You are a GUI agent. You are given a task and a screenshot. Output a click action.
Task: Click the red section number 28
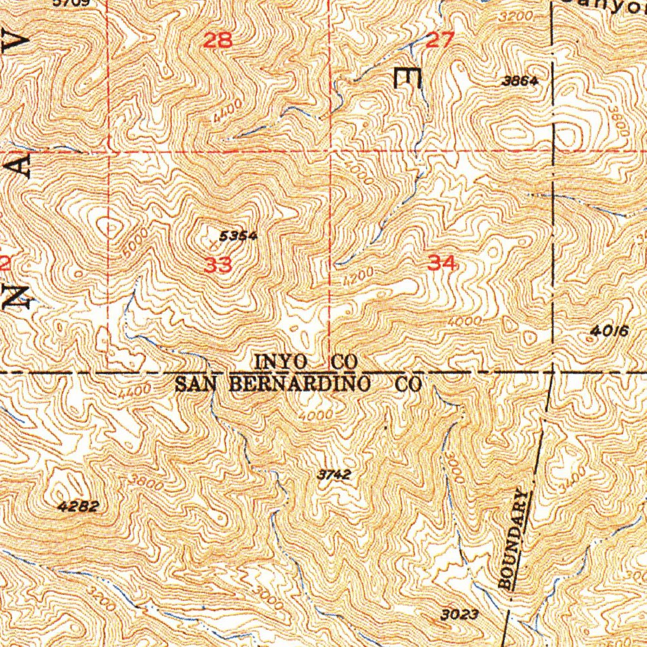pyautogui.click(x=218, y=41)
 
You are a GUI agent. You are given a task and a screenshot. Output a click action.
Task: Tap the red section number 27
pyautogui.click(x=440, y=41)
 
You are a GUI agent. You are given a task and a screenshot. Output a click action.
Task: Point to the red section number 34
pyautogui.click(x=442, y=263)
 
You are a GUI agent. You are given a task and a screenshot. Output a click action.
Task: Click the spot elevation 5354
pyautogui.click(x=238, y=236)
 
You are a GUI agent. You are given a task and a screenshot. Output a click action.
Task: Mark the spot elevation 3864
pyautogui.click(x=520, y=81)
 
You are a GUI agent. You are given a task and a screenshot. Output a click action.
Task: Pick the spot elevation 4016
pyautogui.click(x=609, y=330)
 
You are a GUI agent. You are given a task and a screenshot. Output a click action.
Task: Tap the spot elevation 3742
pyautogui.click(x=334, y=475)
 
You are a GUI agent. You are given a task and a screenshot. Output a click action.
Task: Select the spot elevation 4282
pyautogui.click(x=78, y=506)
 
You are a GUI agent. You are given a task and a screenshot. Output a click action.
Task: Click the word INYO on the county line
pyautogui.click(x=282, y=362)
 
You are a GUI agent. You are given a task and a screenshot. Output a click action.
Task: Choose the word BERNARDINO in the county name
pyautogui.click(x=308, y=383)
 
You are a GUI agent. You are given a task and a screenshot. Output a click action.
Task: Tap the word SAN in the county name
pyautogui.click(x=192, y=384)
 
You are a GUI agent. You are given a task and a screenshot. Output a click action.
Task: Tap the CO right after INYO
pyautogui.click(x=346, y=362)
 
